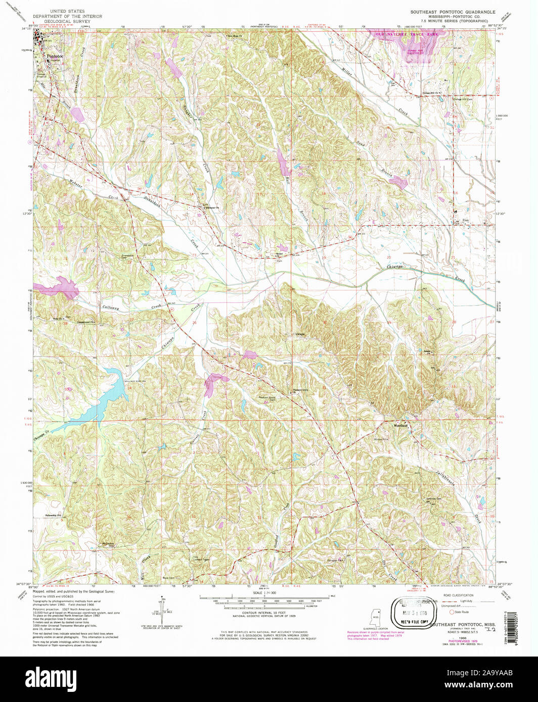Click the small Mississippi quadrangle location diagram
tap(375, 617)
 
